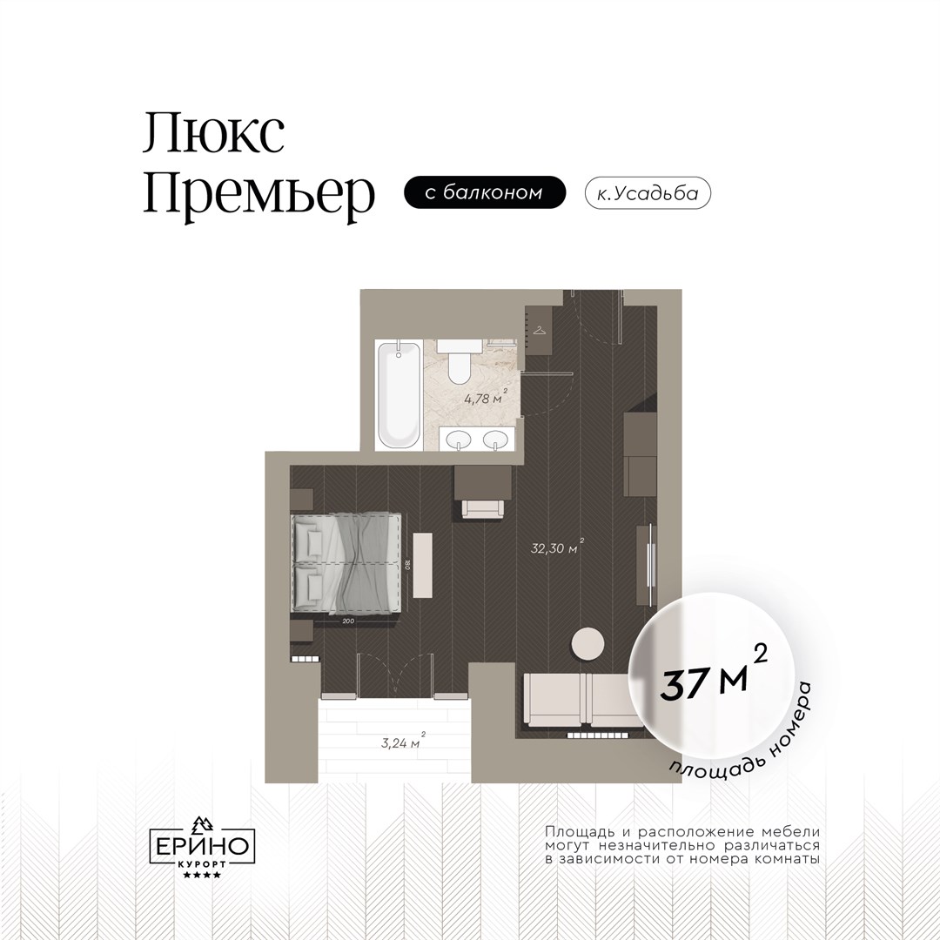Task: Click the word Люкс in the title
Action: [213, 133]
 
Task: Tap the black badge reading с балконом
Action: [485, 192]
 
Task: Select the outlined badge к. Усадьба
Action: [648, 193]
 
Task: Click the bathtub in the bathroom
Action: [399, 395]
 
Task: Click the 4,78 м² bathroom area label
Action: [486, 398]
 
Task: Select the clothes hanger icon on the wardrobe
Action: [540, 330]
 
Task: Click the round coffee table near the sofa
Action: [587, 644]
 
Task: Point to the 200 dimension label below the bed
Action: [348, 621]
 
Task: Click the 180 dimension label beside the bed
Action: [406, 564]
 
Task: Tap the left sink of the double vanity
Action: [460, 440]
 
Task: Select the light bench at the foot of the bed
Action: [423, 564]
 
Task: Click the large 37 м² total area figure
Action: [714, 675]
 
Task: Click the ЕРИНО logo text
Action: [203, 846]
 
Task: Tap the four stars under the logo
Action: [202, 876]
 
